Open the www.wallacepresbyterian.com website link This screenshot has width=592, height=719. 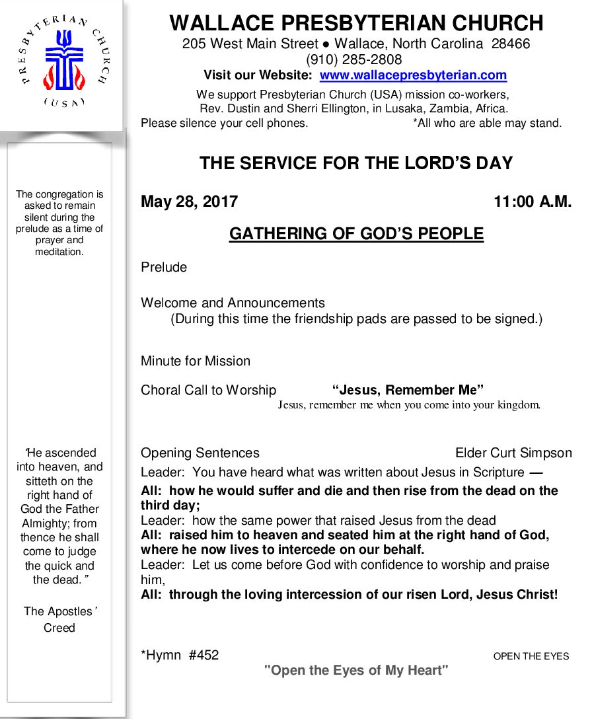pos(413,75)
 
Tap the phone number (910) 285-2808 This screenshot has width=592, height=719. pos(353,59)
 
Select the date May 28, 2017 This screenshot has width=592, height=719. pos(189,202)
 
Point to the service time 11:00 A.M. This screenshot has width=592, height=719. pos(533,202)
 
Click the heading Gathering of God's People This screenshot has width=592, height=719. pos(356,234)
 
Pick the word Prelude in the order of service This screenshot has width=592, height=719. pos(164,268)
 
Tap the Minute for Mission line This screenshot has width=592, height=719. pos(196,361)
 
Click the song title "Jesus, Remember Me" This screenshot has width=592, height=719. pos(408,390)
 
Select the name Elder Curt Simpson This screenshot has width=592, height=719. pos(513,453)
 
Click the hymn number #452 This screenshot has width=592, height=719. pos(203,656)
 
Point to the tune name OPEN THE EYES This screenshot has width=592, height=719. pos(531,656)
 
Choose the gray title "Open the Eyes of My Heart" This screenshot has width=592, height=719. pos(356,671)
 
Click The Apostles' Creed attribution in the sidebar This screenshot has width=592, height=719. pos(59,619)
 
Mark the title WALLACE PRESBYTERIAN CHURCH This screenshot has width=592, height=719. pos(356,23)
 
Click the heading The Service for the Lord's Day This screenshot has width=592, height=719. pos(356,163)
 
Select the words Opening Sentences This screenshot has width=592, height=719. pos(200,453)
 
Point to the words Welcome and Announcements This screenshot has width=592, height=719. pos(233,303)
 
